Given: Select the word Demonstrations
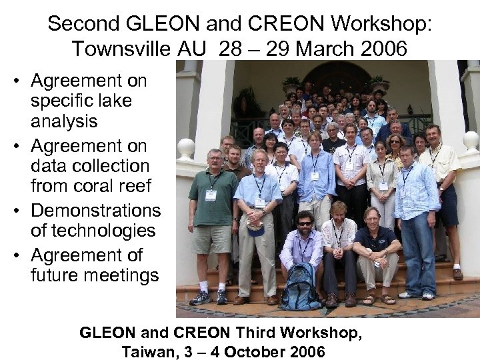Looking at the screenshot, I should point(96,211).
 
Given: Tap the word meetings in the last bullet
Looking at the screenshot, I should point(95,275).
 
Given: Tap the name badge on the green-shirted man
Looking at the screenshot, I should point(211,195).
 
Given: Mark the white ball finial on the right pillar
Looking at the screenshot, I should point(471,141).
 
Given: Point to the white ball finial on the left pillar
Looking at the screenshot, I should point(186,147).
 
